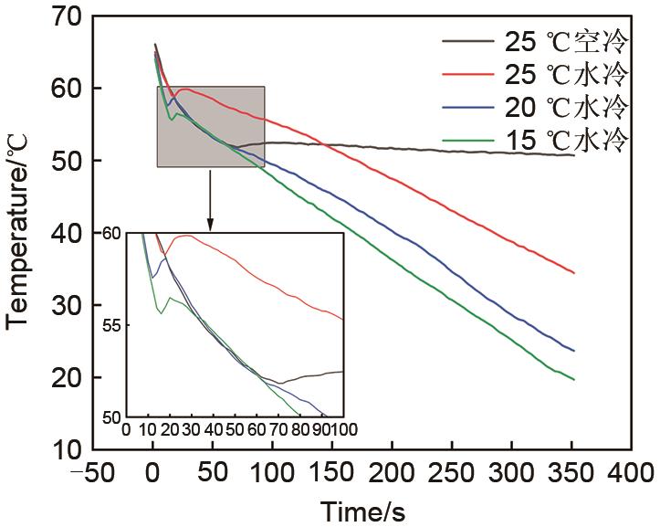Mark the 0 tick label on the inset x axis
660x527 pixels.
coord(126,429)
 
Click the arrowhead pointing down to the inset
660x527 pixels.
coord(211,226)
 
